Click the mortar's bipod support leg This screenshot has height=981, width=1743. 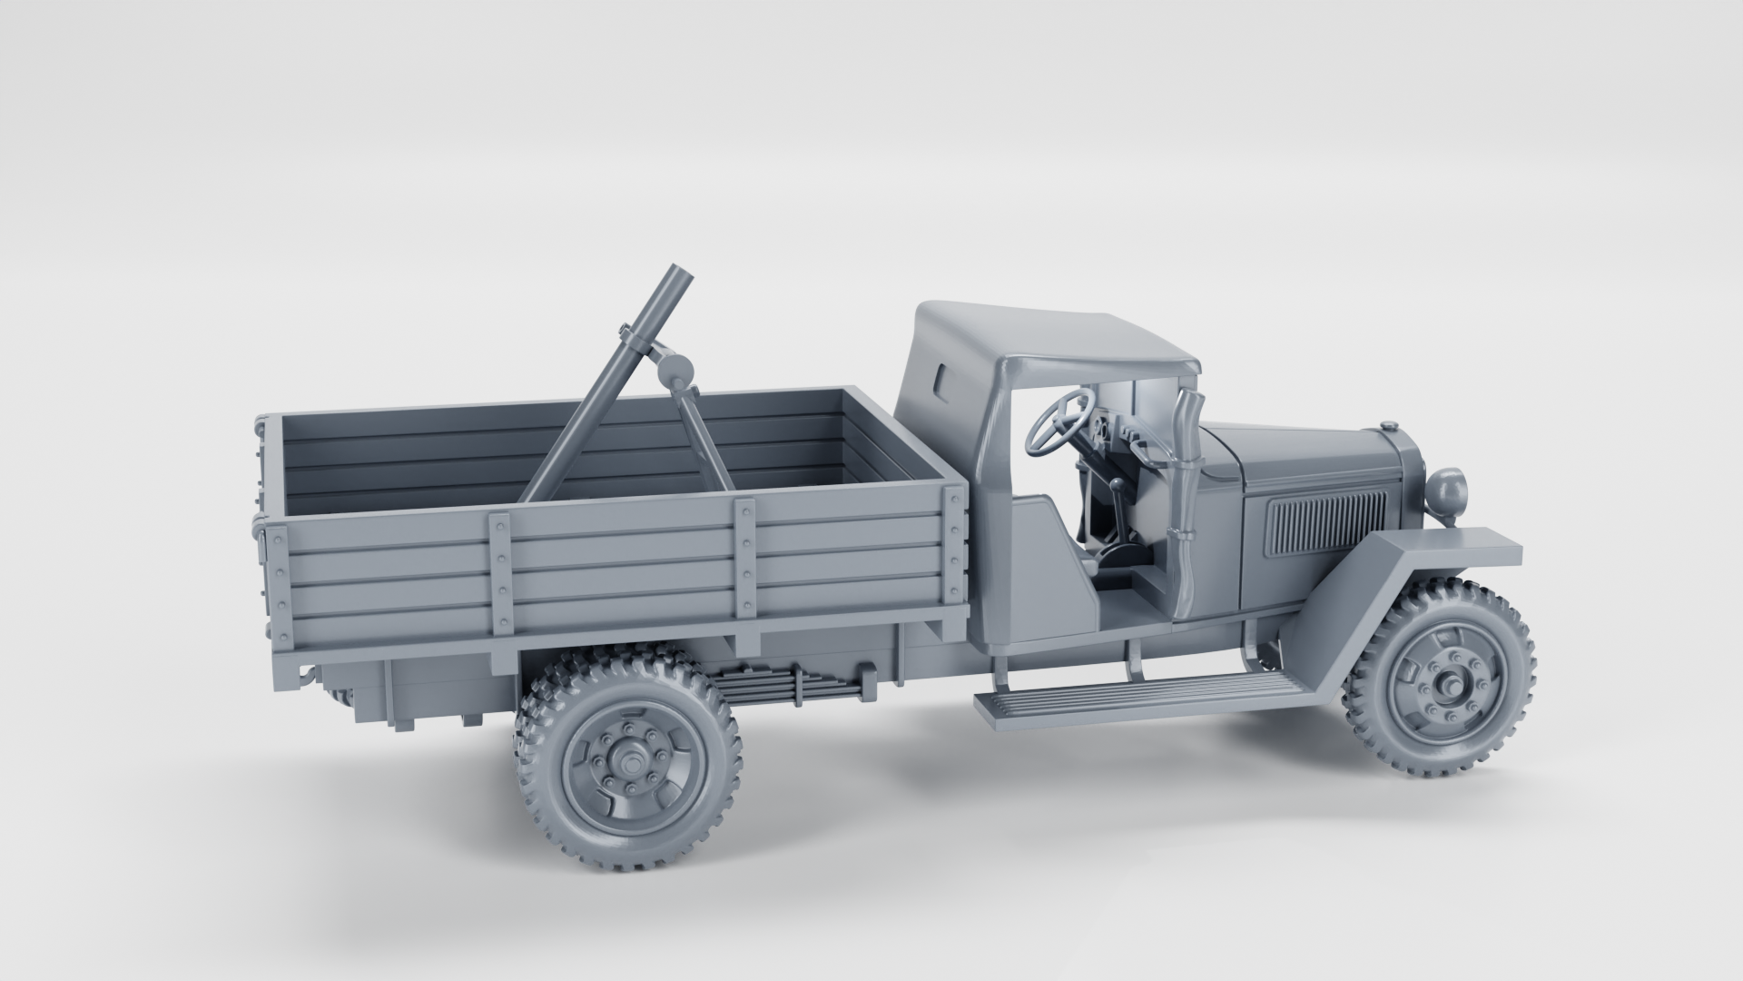pos(704,441)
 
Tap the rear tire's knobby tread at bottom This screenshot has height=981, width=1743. pos(626,850)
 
